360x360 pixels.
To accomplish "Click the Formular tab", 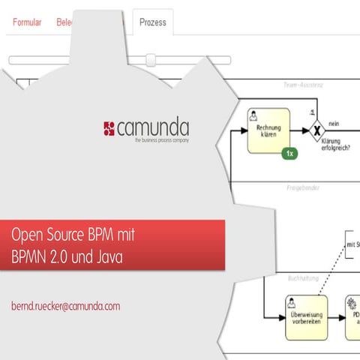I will click(27, 22).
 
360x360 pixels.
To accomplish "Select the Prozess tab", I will click(152, 22).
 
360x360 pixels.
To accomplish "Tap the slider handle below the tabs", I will click(151, 60).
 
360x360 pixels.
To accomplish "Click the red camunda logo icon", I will click(109, 128).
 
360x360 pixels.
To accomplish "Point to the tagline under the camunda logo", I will click(160, 140).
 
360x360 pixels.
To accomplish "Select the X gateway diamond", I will click(316, 129).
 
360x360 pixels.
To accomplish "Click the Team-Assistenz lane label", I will click(303, 85).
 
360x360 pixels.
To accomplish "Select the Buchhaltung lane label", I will click(304, 277).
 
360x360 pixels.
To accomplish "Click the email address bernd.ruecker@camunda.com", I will click(65, 307).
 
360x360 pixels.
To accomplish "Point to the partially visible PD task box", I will click(352, 315).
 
